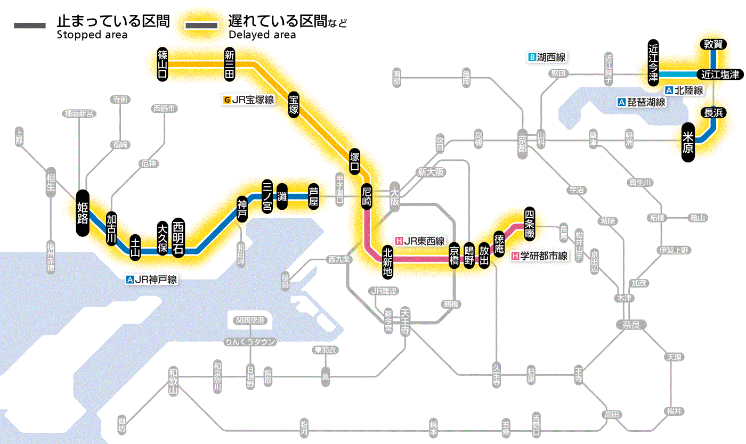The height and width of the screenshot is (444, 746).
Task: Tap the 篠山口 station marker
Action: pos(163,64)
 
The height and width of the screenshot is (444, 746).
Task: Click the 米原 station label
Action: pos(688,142)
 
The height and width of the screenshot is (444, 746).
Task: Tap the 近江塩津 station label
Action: pos(720,75)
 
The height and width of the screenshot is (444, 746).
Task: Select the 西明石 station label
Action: pos(178,237)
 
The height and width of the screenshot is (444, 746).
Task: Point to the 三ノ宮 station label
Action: pos(267,196)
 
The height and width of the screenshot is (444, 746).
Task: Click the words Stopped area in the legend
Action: pos(92,35)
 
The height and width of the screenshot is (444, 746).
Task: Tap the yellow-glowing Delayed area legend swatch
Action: pos(201,26)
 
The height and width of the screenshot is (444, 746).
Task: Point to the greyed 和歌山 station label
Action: pos(173,381)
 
